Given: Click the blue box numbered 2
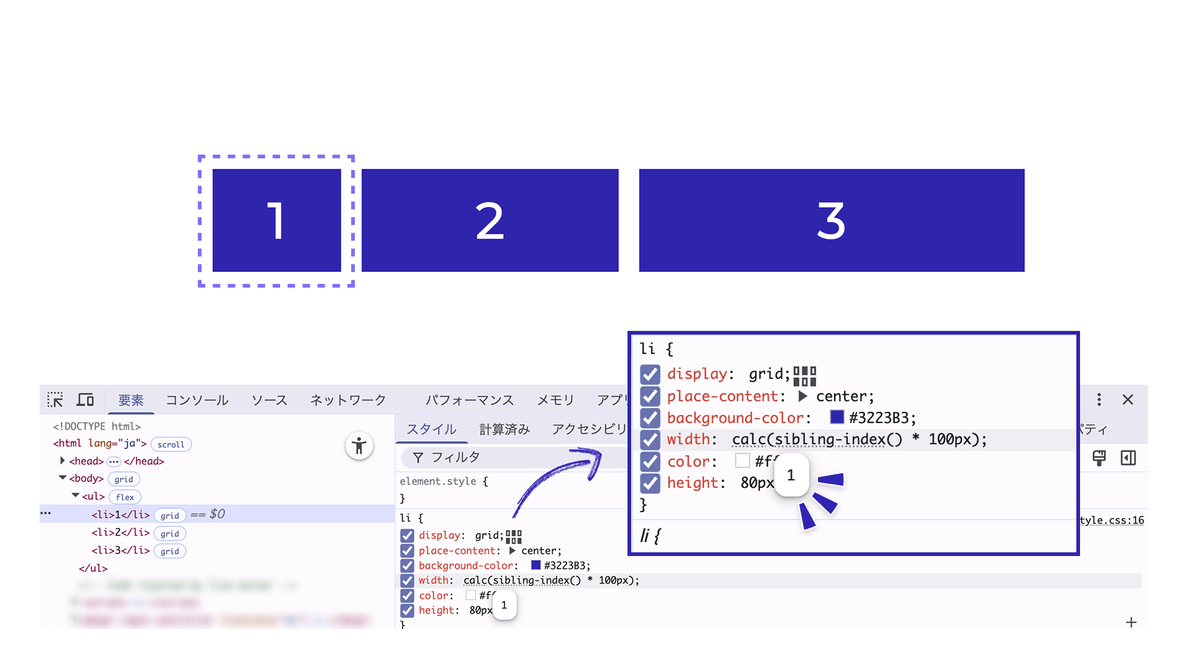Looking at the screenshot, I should coord(490,220).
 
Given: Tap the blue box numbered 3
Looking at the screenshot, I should coord(832,220).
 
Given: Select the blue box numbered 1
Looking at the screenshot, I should coord(276,220).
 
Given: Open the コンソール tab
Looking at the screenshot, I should coord(197,400).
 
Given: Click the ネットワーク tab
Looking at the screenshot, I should coord(348,400).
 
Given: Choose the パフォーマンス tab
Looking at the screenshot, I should coord(469,400).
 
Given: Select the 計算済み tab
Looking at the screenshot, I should coord(504,429).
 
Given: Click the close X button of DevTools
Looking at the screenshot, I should coord(1128,400).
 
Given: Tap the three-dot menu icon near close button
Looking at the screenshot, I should coord(1099,400).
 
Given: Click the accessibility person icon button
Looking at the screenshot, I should coord(359,445).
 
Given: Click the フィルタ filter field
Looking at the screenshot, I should coord(513,458).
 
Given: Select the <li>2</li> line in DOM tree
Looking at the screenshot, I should coord(121,533).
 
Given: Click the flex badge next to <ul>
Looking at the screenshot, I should coord(125,497).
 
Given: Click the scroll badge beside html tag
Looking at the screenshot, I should coord(171,444).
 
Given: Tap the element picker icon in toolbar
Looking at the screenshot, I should coord(55,400).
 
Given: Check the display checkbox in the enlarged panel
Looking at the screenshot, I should coord(650,374).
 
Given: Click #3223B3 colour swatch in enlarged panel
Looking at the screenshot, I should coord(837,417).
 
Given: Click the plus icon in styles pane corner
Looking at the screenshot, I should coord(1131,622).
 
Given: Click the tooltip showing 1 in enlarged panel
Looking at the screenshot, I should coord(791,475).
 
